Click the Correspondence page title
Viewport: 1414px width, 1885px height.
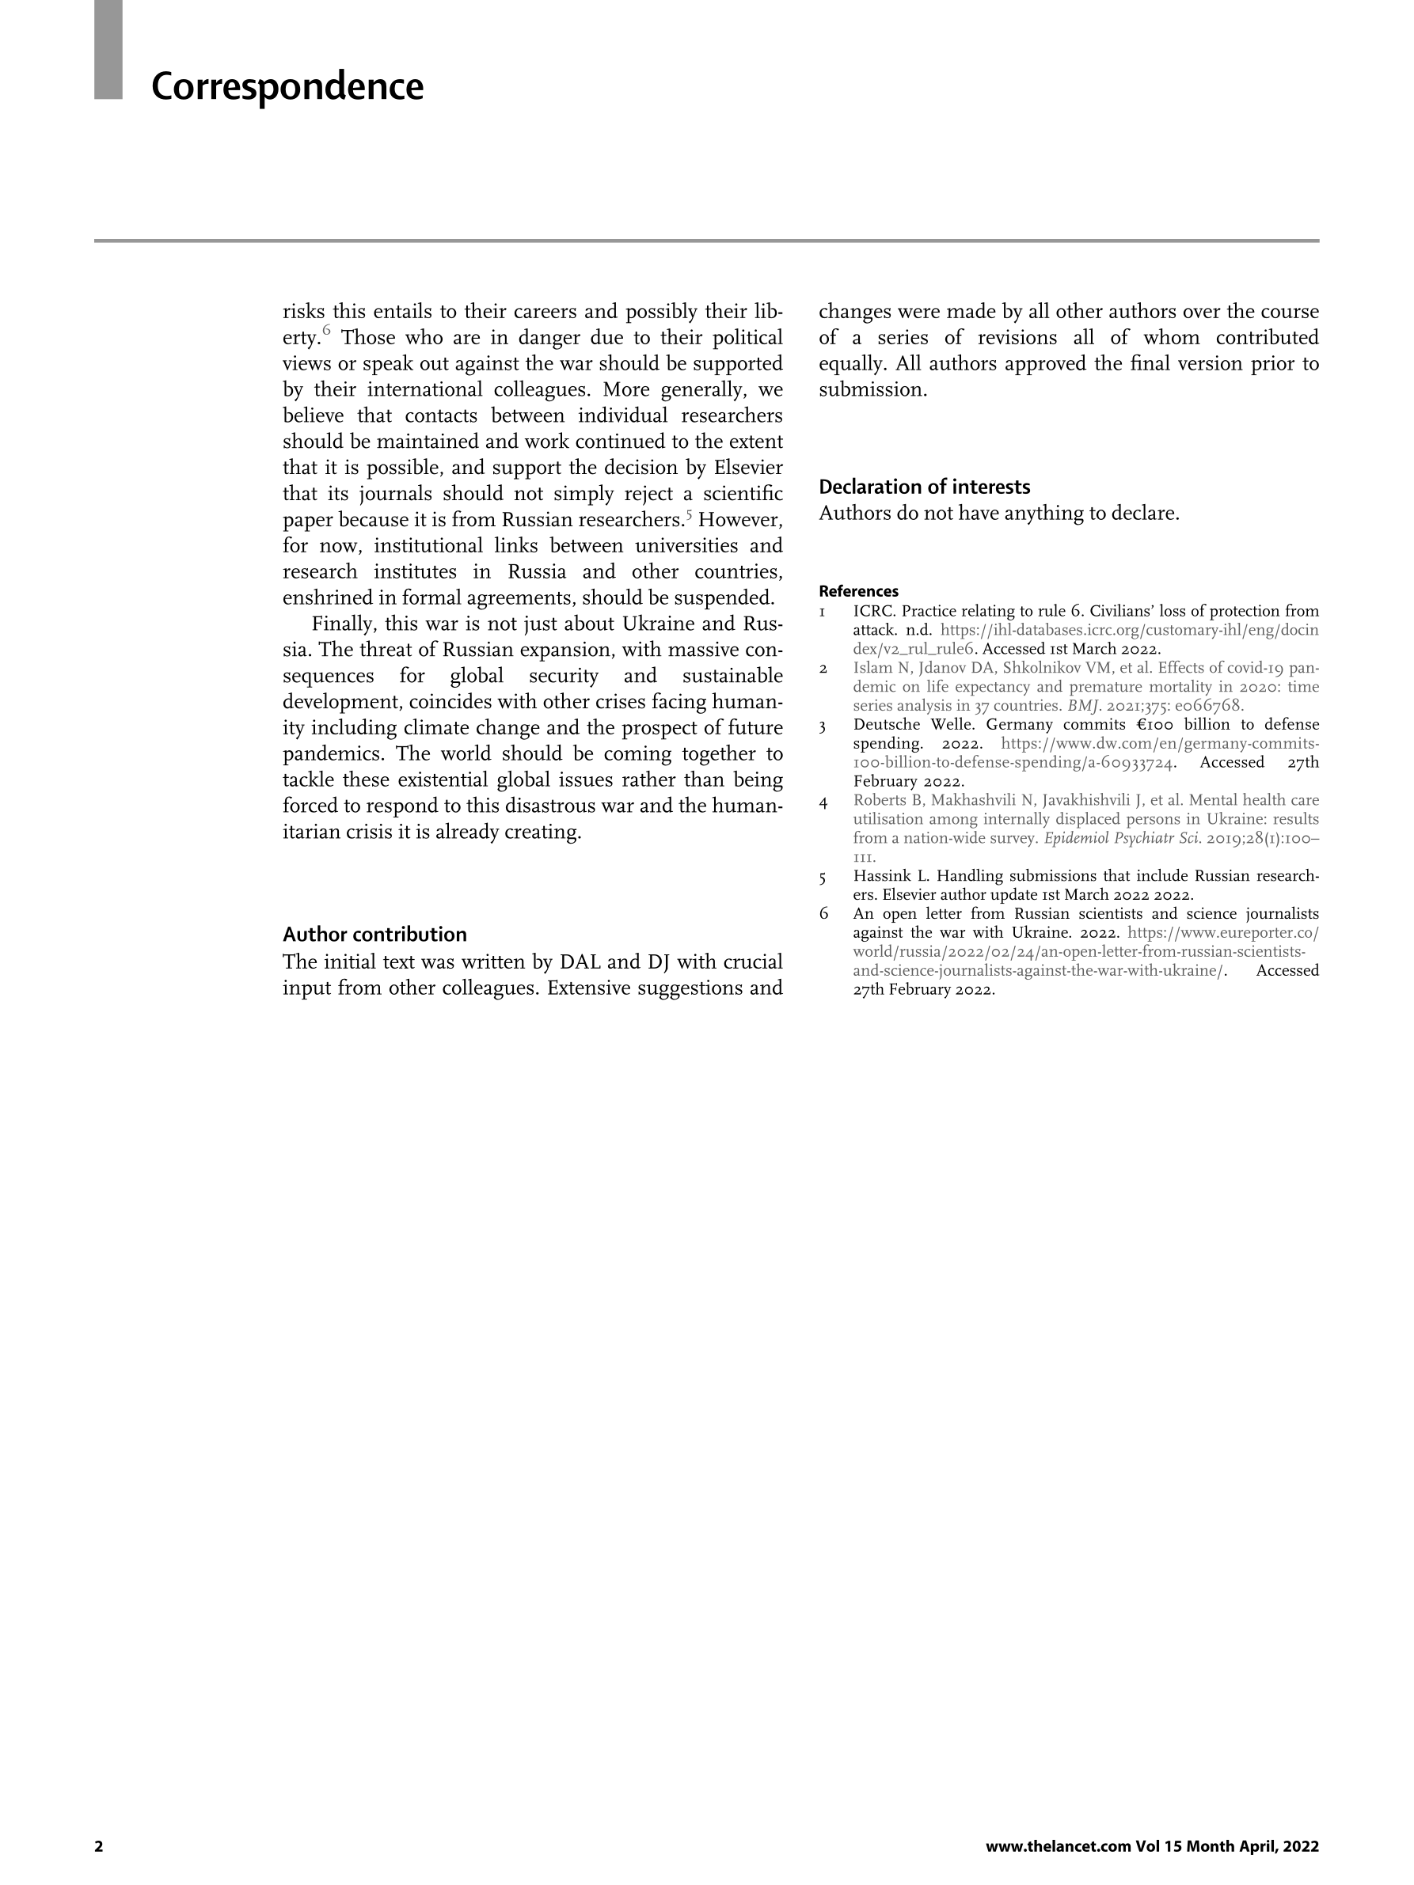click(x=287, y=87)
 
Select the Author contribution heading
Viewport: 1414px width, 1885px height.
click(x=374, y=934)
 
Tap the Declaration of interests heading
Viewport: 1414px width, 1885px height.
click(x=924, y=487)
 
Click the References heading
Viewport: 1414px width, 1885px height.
click(x=857, y=591)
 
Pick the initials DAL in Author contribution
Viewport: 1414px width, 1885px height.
click(x=580, y=962)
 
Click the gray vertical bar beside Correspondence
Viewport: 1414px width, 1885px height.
click(x=108, y=49)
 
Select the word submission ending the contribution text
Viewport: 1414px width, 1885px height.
click(x=871, y=390)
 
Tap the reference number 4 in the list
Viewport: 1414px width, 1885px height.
click(x=823, y=801)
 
